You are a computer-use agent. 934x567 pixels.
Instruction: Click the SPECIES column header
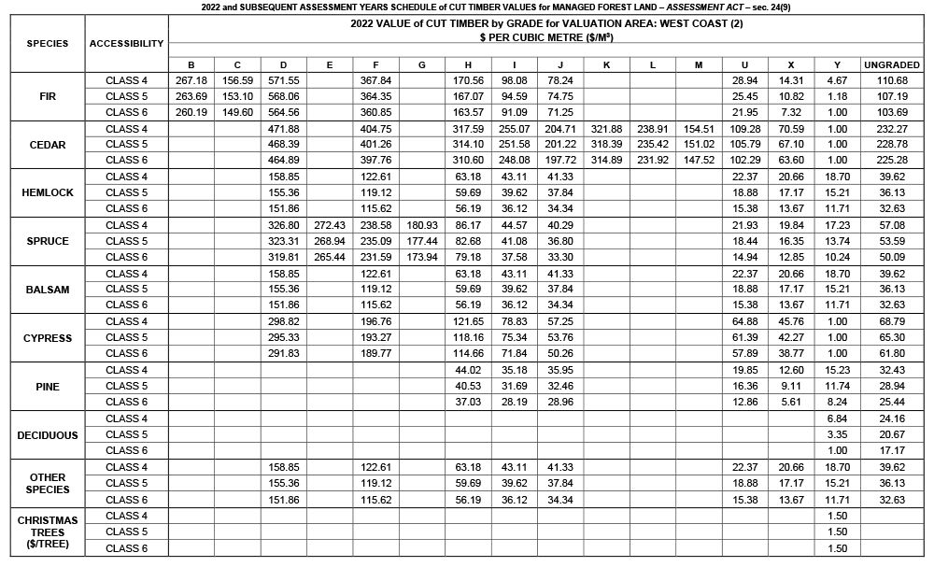[x=47, y=43]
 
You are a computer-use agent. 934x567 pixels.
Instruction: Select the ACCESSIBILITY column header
[x=127, y=43]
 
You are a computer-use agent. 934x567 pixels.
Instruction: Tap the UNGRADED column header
[x=892, y=64]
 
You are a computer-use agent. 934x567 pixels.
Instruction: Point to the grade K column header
[x=606, y=64]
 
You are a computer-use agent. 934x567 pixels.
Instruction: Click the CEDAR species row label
[x=47, y=145]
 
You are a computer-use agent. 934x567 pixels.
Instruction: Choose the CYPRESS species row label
[x=47, y=338]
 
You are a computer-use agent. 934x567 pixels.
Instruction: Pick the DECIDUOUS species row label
[x=47, y=435]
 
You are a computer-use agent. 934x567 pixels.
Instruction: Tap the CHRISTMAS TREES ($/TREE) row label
[x=47, y=532]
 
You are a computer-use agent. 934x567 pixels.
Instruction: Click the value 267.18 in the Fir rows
[x=191, y=80]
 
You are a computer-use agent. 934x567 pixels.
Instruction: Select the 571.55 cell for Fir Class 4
[x=283, y=80]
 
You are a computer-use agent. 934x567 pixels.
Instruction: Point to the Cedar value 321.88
[x=606, y=129]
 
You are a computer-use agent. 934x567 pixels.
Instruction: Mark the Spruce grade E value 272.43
[x=330, y=225]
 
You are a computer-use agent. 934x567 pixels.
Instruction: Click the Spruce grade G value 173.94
[x=422, y=257]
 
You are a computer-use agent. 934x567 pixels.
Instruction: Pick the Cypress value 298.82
[x=283, y=322]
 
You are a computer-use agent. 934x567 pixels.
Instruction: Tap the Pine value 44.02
[x=468, y=370]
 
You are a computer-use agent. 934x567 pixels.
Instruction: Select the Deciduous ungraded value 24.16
[x=892, y=418]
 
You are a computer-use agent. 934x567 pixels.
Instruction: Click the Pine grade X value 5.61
[x=791, y=403]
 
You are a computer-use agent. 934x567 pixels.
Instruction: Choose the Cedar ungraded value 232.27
[x=892, y=129]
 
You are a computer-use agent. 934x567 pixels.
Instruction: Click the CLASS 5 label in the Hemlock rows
[x=127, y=192]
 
